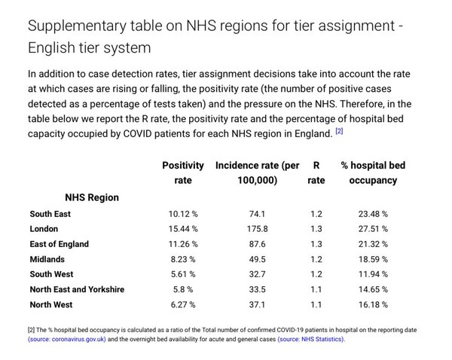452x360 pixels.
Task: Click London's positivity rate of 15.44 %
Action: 183,229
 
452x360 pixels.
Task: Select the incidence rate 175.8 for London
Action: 257,229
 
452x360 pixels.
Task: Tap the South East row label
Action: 50,214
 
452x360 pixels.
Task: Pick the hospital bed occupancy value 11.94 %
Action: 373,274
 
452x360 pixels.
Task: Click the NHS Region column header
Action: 92,197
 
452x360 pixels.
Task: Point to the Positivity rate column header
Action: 183,172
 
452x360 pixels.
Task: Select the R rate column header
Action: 316,172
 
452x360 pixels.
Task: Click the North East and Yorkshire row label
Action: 78,289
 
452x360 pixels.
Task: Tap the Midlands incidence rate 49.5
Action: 257,259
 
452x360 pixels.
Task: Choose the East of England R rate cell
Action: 316,244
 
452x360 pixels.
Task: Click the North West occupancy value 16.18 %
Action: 373,305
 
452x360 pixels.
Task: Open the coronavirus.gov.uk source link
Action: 67,339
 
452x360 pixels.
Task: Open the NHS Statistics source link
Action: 311,339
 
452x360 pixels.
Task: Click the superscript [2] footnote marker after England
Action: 339,131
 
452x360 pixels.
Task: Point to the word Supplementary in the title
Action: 77,26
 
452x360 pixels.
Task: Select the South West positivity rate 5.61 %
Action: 183,274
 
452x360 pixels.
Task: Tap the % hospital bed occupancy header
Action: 373,172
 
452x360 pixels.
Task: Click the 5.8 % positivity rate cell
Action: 183,289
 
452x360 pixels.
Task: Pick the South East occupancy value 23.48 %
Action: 373,214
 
